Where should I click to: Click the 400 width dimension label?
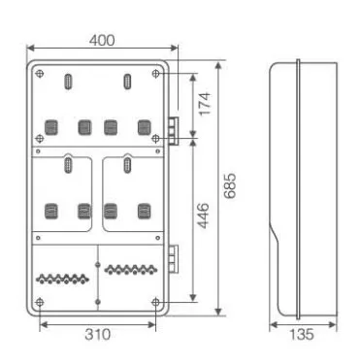pos(102,41)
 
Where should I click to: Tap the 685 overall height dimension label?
pos(230,185)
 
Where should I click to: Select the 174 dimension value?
pos(205,104)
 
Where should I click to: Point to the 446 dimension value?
pos(203,215)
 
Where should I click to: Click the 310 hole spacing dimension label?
pos(98,335)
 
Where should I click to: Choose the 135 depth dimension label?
pos(302,335)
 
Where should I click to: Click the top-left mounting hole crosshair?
pos(40,74)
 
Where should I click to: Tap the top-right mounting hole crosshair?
pos(155,74)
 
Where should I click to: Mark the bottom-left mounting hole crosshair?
pos(40,303)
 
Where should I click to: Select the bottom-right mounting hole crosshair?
pos(155,303)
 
